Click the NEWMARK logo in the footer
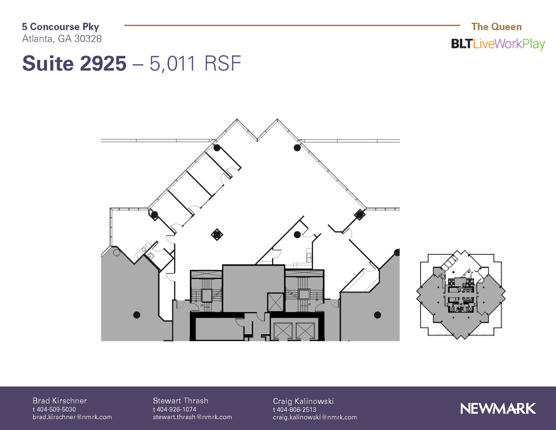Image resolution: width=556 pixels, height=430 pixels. pos(498,408)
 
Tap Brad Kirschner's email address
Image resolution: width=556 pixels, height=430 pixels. pos(72,417)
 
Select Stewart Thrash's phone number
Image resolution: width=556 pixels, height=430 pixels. pos(175,409)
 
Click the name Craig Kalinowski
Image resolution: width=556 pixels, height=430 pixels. pos(303,401)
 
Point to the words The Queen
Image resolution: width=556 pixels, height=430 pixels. pos(497,27)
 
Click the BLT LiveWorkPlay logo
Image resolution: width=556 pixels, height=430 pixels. pos(498,44)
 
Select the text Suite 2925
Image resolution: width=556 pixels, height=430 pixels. pos(74,64)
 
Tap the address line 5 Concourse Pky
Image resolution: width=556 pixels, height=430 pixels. pos(61,27)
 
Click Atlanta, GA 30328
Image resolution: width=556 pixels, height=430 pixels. pos(62,39)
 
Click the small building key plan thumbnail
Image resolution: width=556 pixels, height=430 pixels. pos(461,295)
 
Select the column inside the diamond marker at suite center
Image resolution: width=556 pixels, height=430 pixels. pos(217,234)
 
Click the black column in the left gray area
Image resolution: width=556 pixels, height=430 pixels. pos(137,315)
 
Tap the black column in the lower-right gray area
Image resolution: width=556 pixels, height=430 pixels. pos(377,315)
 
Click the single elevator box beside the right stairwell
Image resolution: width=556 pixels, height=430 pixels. pos(276,302)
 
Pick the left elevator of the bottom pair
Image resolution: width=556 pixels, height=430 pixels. pos(283,331)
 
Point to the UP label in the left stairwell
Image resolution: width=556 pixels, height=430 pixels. pos(202,306)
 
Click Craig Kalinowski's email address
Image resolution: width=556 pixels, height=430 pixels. pos(315,417)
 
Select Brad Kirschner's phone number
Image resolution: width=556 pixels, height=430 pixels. pos(54,409)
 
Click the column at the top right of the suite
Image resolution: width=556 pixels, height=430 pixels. pos(297,148)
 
